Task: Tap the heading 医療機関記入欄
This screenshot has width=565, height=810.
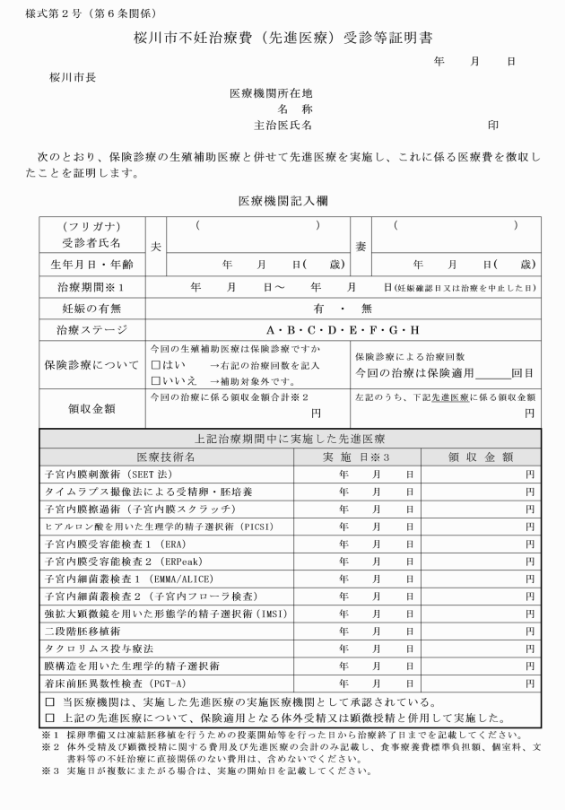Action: pyautogui.click(x=282, y=201)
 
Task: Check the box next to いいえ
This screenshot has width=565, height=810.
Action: pyautogui.click(x=155, y=379)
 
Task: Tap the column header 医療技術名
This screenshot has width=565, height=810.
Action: pyautogui.click(x=167, y=457)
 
